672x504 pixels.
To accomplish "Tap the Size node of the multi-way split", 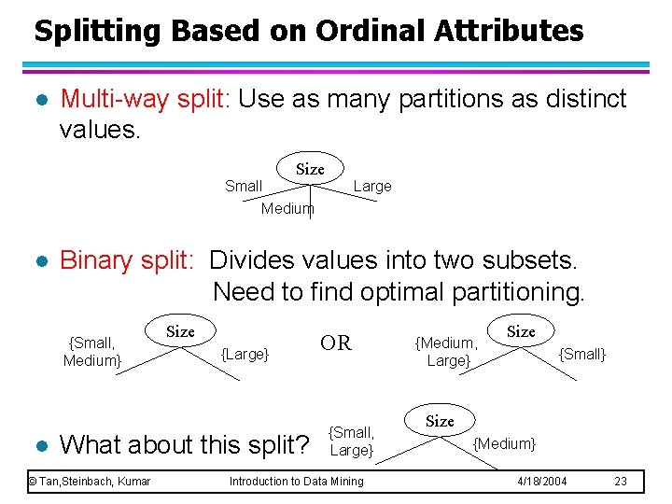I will (310, 169).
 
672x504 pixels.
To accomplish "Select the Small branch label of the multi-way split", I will (244, 186).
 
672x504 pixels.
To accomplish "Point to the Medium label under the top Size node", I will (287, 208).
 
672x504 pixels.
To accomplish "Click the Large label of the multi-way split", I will (372, 186).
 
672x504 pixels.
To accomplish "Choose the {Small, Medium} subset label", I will (91, 352).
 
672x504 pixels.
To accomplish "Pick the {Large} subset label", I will (245, 354).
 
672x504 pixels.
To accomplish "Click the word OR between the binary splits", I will (336, 343).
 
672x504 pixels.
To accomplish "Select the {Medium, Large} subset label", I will (447, 352).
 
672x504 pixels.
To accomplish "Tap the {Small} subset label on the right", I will (581, 354).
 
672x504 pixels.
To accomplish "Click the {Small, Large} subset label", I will (352, 441).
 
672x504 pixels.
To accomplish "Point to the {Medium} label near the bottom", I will (505, 443).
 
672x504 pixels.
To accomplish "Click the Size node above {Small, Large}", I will (441, 421).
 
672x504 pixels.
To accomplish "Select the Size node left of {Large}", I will (180, 331).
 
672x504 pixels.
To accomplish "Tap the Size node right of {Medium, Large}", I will (521, 331).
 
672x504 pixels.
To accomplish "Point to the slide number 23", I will (622, 482).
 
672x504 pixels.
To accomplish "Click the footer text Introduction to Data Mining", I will (297, 482).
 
